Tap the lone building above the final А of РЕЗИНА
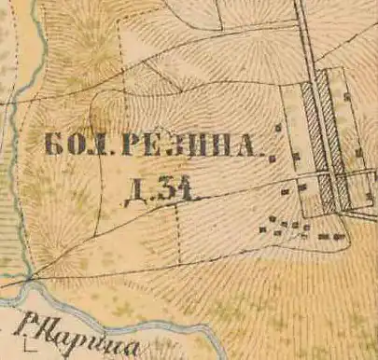(x=277, y=128)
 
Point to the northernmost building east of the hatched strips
(x=346, y=96)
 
